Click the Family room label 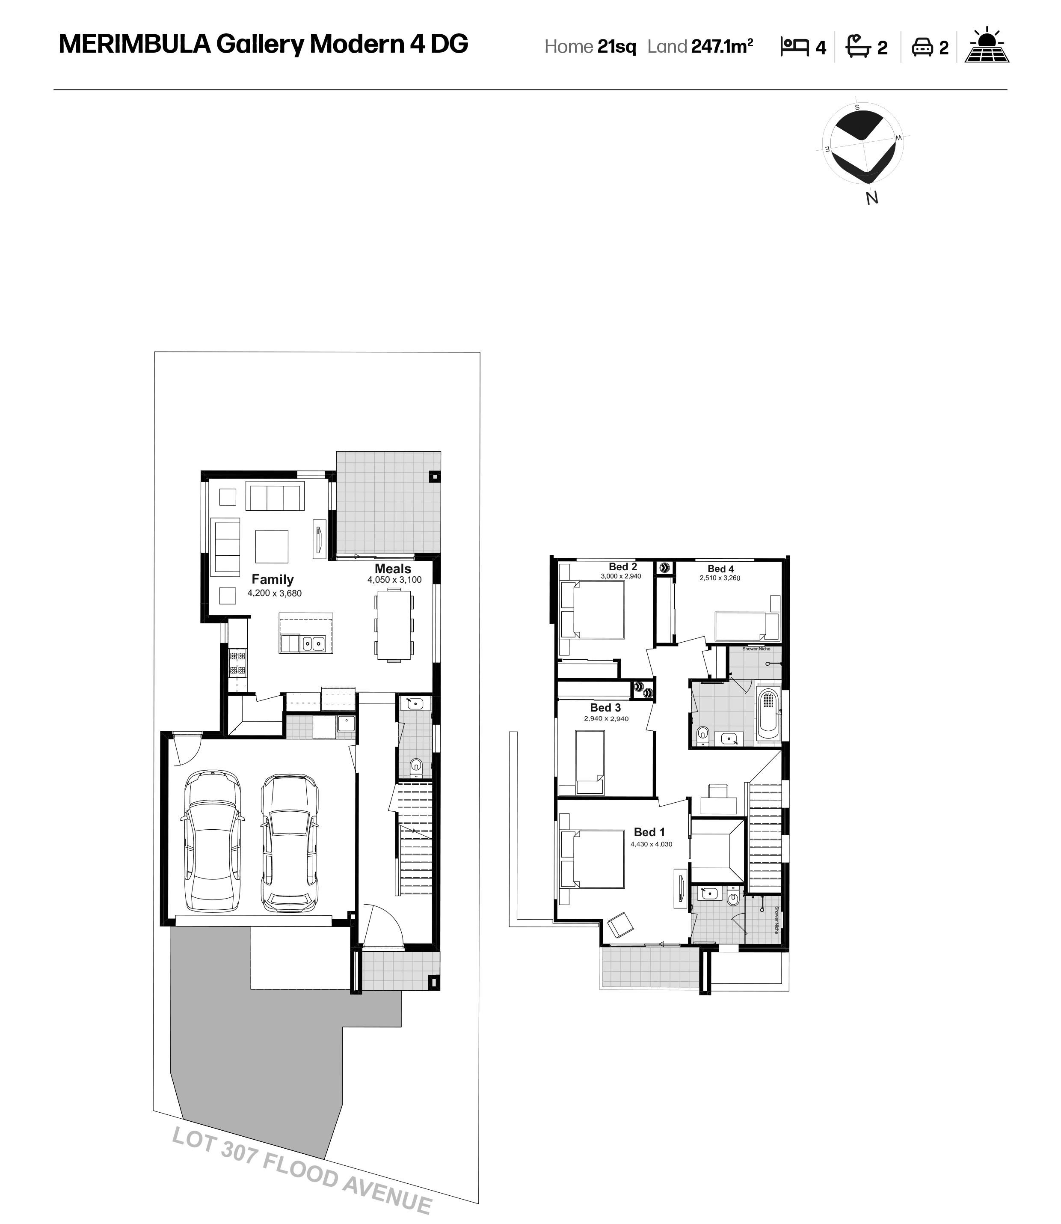[273, 579]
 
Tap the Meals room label [393, 569]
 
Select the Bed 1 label [649, 832]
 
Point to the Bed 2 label [623, 567]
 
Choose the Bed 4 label [720, 569]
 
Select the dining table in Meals [394, 627]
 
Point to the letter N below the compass [871, 199]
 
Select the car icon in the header [922, 47]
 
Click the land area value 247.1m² [722, 46]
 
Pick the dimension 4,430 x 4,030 [651, 844]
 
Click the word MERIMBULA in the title [134, 44]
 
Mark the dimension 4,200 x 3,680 [274, 593]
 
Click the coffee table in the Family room [272, 546]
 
